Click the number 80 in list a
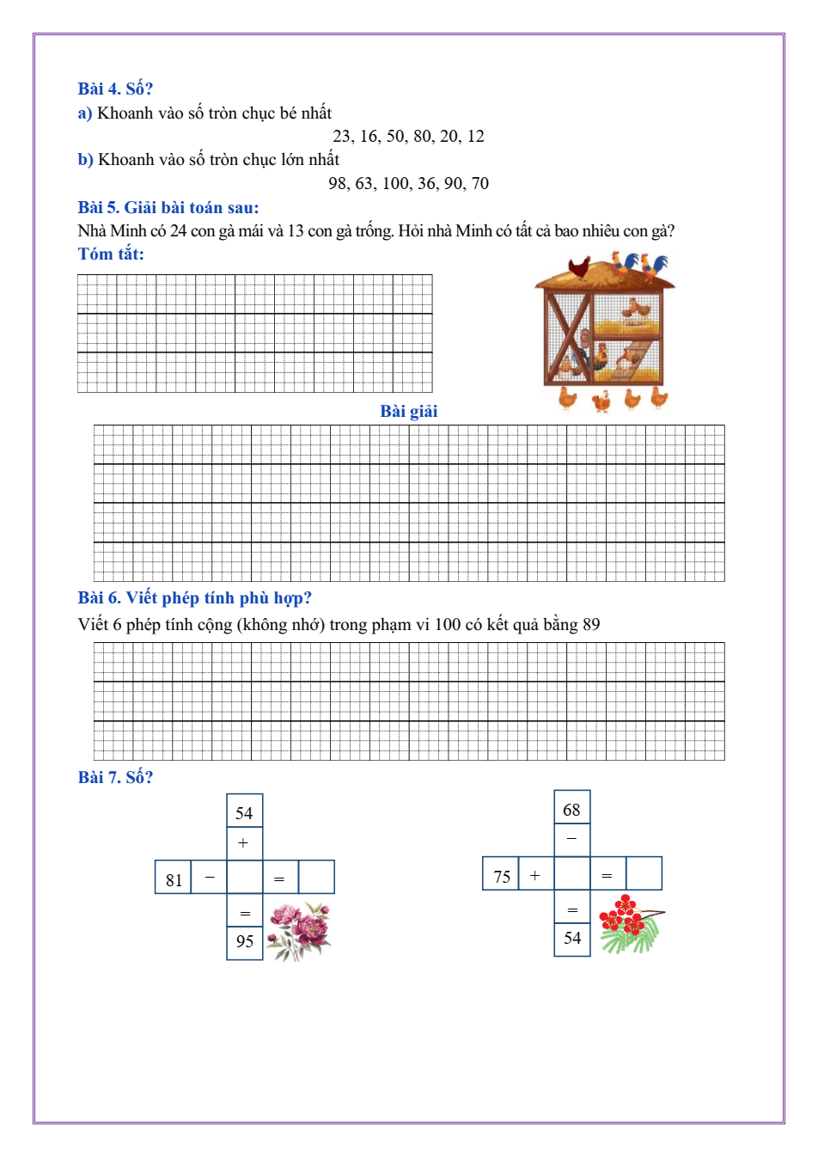[422, 137]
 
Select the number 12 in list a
[475, 137]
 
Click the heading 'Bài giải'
[409, 412]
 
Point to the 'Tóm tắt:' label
[111, 254]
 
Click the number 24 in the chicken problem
[178, 231]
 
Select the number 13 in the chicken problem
[296, 231]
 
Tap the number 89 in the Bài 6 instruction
[591, 625]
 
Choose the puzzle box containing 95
[245, 942]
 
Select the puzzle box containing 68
[571, 810]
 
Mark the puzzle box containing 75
[502, 876]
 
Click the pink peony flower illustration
[299, 931]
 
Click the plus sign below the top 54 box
[244, 843]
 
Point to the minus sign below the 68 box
[571, 839]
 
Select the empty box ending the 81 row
[316, 878]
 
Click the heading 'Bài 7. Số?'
[115, 778]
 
